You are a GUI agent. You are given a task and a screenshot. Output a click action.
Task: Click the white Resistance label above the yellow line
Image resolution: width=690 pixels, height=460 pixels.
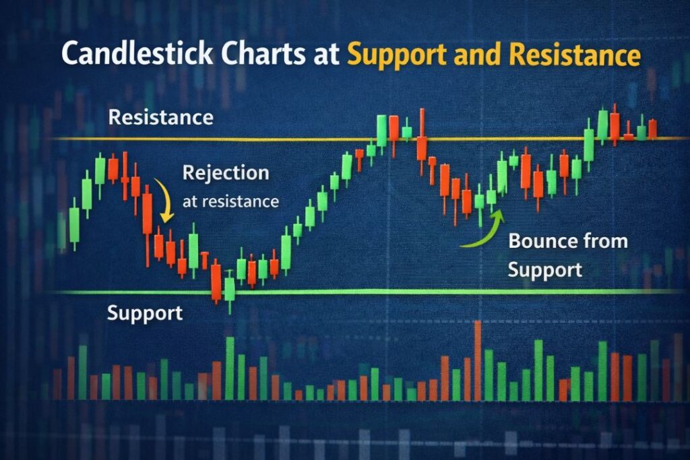tap(160, 117)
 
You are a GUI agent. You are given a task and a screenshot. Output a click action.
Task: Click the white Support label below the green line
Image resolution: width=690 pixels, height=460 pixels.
tap(144, 313)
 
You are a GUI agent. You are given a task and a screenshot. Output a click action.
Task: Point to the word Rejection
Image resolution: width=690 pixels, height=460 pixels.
tap(225, 172)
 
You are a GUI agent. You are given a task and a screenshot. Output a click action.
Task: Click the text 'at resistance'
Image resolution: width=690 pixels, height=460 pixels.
tap(230, 200)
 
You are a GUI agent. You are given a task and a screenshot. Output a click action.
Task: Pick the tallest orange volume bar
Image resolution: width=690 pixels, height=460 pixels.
tap(478, 360)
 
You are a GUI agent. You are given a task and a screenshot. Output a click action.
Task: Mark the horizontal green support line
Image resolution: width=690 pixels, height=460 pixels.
tap(404, 291)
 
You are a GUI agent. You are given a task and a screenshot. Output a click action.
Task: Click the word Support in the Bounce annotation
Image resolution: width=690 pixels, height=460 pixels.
tap(544, 270)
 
